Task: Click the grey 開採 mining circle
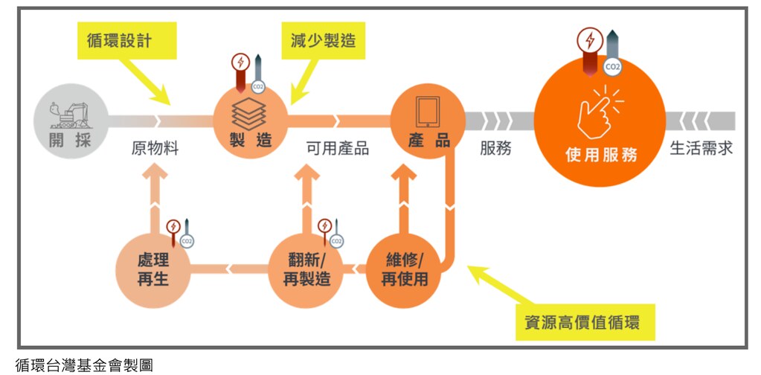71,121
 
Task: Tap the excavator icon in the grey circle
71,115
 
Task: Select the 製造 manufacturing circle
251,121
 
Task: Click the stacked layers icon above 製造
249,114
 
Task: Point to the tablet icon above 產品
428,112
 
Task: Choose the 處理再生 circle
153,270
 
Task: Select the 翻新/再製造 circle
306,270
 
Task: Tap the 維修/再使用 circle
404,270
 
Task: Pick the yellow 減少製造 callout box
324,40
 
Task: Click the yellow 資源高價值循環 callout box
585,323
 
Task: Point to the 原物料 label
155,148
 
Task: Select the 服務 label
495,148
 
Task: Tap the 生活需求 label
701,148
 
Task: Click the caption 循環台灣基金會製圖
84,365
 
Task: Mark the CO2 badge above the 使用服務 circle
612,67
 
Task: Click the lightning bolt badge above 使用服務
590,39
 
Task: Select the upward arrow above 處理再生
155,198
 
